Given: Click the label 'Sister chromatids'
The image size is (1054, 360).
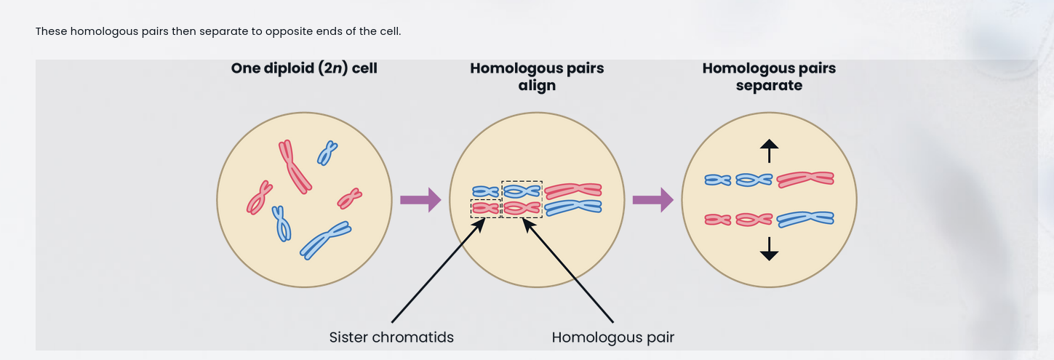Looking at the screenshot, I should [391, 337].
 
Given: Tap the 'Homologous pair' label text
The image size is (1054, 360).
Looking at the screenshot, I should [612, 337].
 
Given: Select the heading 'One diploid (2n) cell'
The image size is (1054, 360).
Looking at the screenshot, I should [304, 68].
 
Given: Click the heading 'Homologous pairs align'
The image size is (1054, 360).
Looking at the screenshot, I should [537, 76].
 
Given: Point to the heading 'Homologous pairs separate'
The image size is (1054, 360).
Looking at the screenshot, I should [769, 76].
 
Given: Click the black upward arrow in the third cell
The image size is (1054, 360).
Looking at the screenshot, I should [769, 151].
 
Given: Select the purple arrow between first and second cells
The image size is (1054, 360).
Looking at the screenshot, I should [420, 200].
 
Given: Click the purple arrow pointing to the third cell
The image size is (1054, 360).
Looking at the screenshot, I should [652, 200].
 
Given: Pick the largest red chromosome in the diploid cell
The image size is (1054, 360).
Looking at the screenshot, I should [295, 167].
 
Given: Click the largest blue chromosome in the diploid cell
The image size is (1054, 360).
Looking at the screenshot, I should [326, 239].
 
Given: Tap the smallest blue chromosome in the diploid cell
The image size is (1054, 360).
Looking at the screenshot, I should [327, 153].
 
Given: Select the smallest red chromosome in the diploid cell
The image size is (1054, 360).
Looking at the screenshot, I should [350, 198].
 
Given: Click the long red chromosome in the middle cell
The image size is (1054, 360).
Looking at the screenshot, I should [573, 191].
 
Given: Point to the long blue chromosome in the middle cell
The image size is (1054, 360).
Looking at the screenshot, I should [573, 208].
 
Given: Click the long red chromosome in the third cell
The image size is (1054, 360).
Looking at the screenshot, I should [805, 179].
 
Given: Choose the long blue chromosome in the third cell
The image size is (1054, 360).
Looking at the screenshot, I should [805, 218].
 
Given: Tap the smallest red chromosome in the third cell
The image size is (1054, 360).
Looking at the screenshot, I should [718, 219].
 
